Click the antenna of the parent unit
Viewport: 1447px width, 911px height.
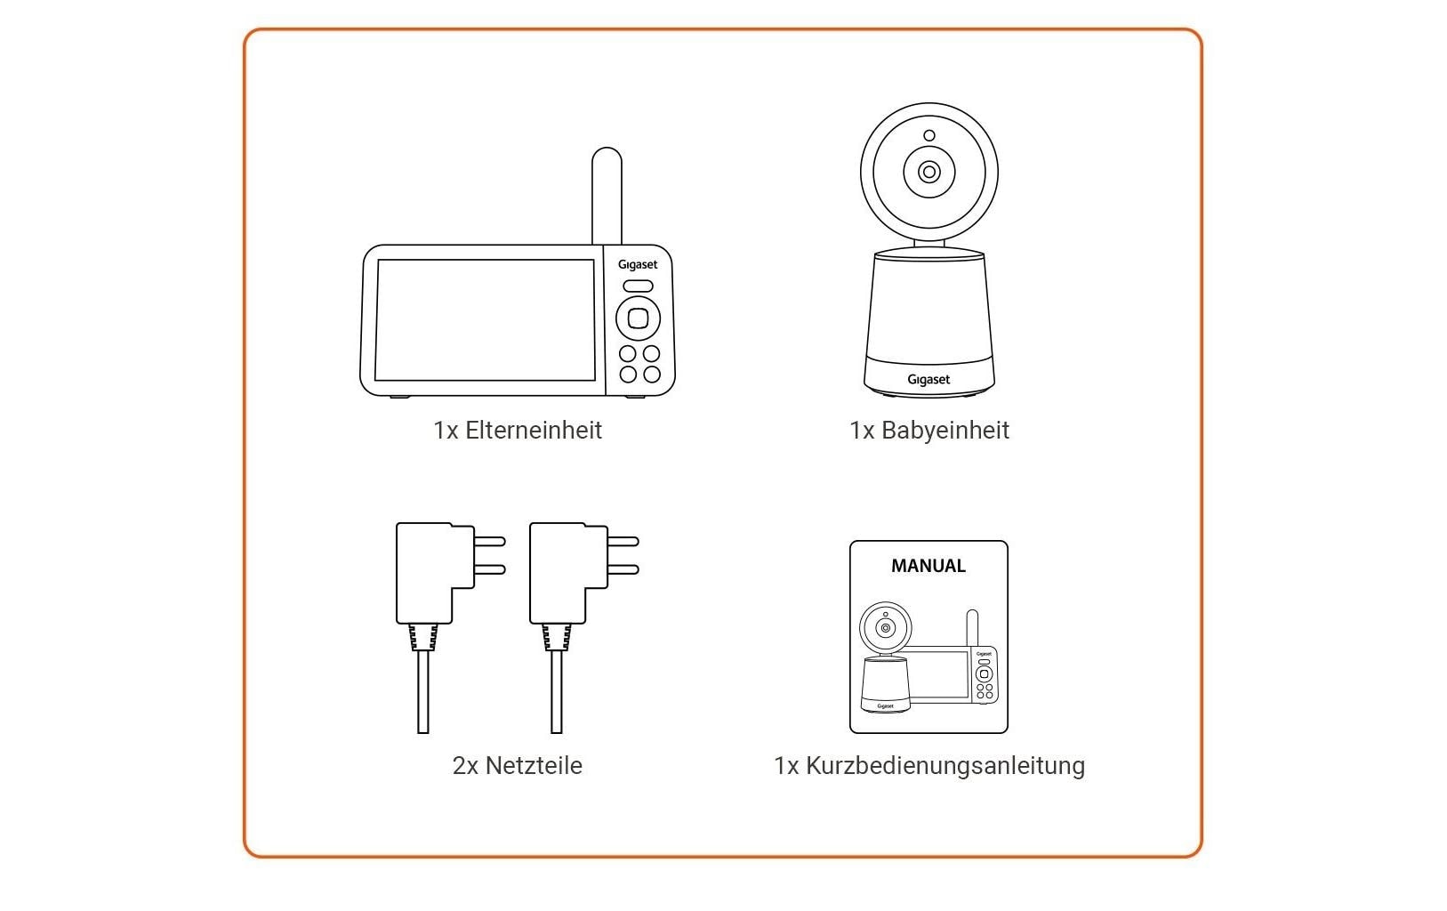click(x=607, y=196)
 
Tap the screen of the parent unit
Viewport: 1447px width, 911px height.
click(x=485, y=320)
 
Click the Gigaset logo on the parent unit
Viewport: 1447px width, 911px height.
click(x=638, y=264)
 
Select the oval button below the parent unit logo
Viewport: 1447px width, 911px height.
click(x=638, y=286)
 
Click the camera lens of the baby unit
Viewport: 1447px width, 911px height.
click(x=928, y=172)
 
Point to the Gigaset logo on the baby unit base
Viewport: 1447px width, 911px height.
click(x=928, y=380)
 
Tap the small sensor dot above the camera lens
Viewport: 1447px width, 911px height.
click(x=928, y=136)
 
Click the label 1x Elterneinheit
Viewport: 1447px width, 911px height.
click(x=518, y=431)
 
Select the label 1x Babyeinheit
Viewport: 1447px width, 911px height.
click(x=929, y=431)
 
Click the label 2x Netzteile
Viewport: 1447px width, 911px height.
click(x=518, y=766)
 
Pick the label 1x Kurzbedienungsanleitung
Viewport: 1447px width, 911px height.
click(x=929, y=766)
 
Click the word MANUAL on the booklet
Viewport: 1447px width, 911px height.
click(x=928, y=566)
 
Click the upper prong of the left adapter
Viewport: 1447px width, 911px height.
click(x=490, y=541)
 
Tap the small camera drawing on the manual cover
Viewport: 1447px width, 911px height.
click(x=885, y=658)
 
